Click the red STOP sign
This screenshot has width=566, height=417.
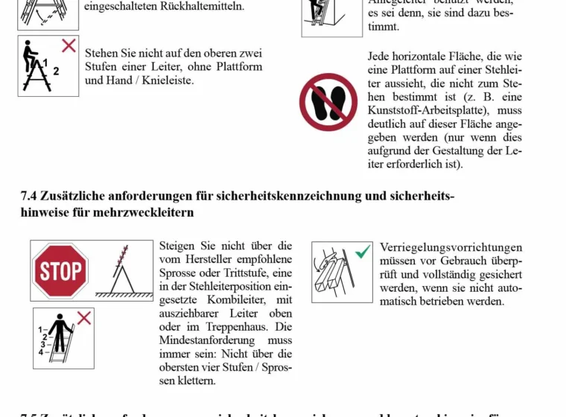(x=60, y=270)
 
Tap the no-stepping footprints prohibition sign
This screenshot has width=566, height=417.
(x=328, y=102)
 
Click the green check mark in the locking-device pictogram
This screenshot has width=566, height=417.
(x=362, y=252)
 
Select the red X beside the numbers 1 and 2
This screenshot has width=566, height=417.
(x=69, y=45)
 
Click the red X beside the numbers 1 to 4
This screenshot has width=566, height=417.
(x=84, y=319)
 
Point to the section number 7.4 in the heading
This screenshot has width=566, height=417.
(x=28, y=197)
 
